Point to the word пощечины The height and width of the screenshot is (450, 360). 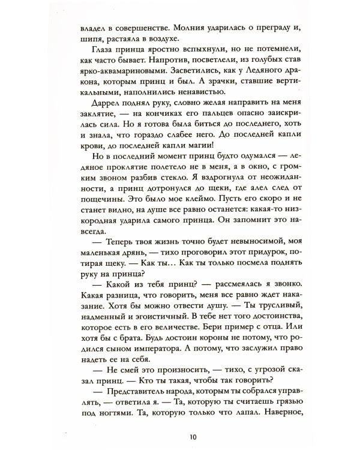(x=100, y=224)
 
